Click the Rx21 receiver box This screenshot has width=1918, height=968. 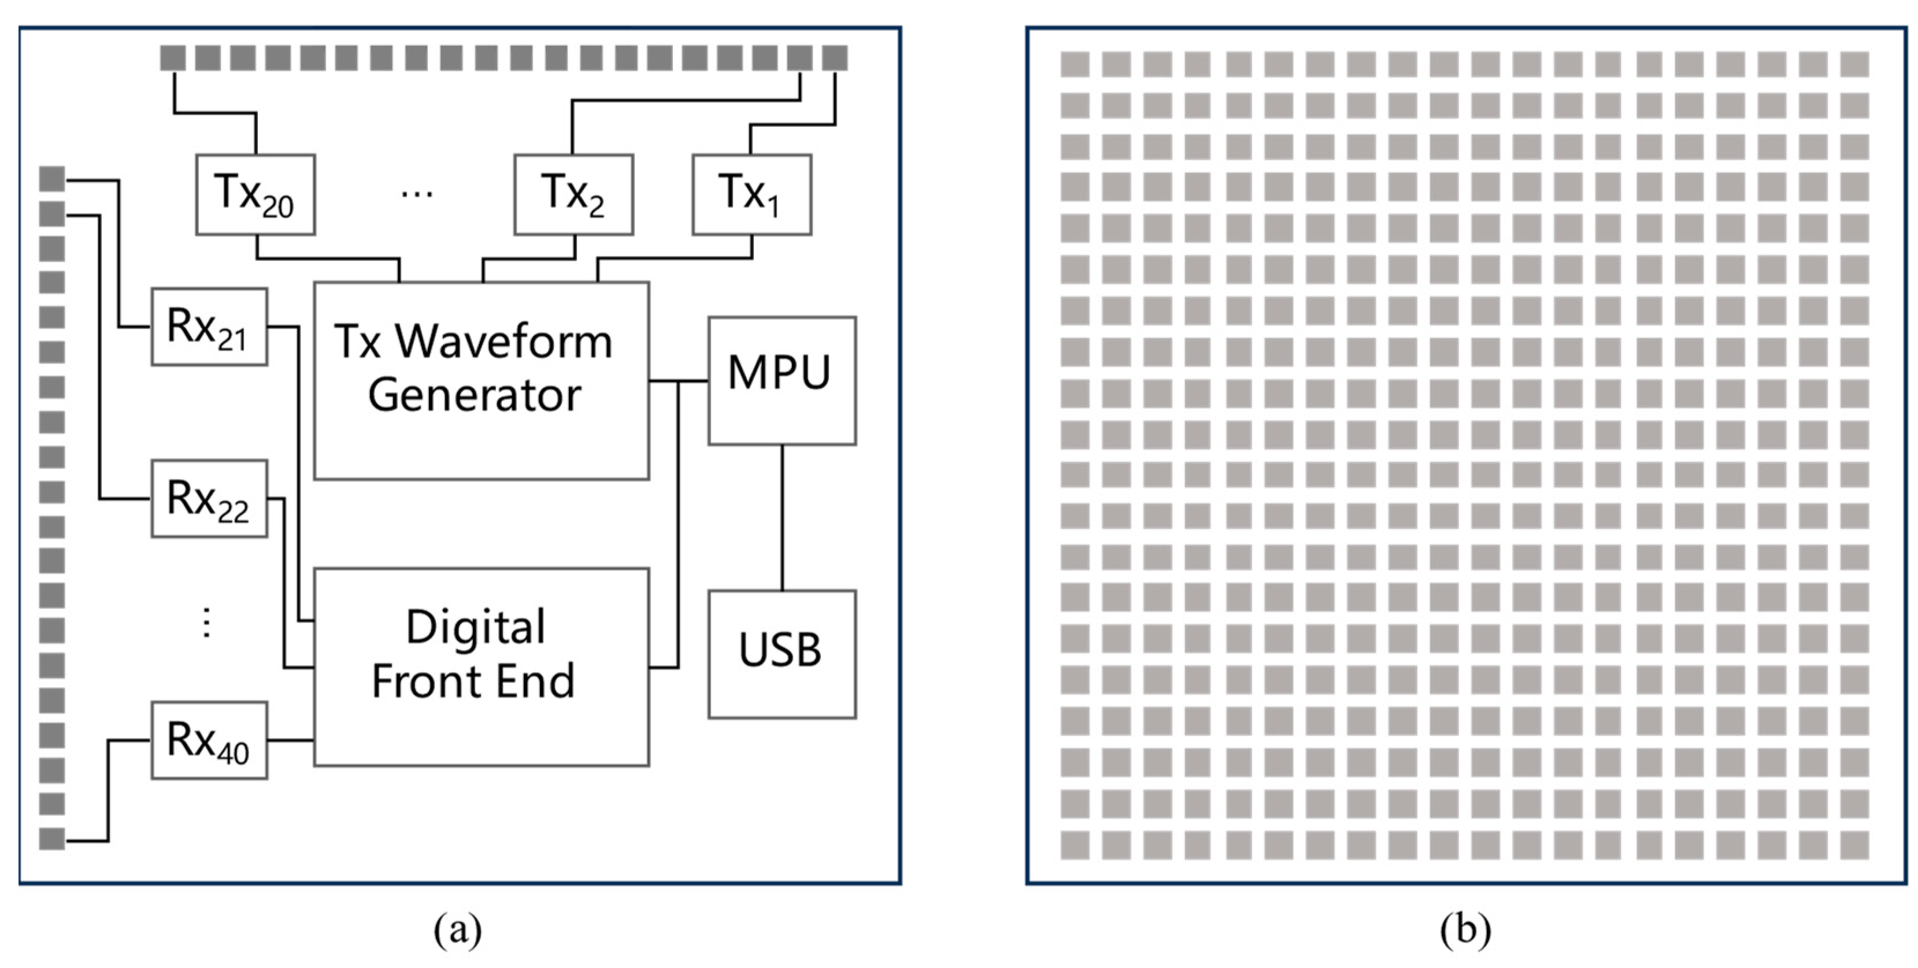tap(209, 327)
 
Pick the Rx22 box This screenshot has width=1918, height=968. tap(209, 498)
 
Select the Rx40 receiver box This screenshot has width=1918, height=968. tap(209, 740)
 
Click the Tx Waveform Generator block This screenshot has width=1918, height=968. tap(481, 380)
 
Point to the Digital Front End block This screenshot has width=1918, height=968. tap(481, 666)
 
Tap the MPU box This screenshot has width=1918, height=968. tap(782, 380)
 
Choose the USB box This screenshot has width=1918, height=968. tap(782, 654)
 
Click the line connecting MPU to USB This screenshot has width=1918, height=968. tap(782, 517)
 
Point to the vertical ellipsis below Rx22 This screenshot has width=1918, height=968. tap(207, 622)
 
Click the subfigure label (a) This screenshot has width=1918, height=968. tap(458, 929)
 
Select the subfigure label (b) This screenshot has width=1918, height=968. tap(1465, 929)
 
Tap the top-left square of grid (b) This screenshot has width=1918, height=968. tap(1075, 65)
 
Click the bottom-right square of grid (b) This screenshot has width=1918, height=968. tap(1854, 845)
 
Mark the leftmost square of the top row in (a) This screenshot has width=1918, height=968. tap(173, 57)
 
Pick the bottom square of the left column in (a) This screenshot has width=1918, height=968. tap(52, 839)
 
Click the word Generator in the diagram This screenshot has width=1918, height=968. tap(474, 395)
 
